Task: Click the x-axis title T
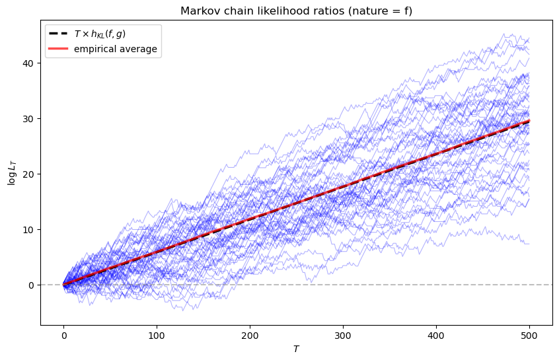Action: pyautogui.click(x=297, y=347)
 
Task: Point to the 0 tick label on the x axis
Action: pyautogui.click(x=63, y=334)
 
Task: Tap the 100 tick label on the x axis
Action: pyautogui.click(x=157, y=334)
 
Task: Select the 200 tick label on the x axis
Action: pyautogui.click(x=250, y=334)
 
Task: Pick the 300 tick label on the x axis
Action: pyautogui.click(x=343, y=334)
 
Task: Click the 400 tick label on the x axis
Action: pyautogui.click(x=436, y=334)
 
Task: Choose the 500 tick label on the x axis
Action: pyautogui.click(x=529, y=334)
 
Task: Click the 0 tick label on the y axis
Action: pyautogui.click(x=30, y=285)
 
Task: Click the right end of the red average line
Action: pyautogui.click(x=529, y=121)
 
